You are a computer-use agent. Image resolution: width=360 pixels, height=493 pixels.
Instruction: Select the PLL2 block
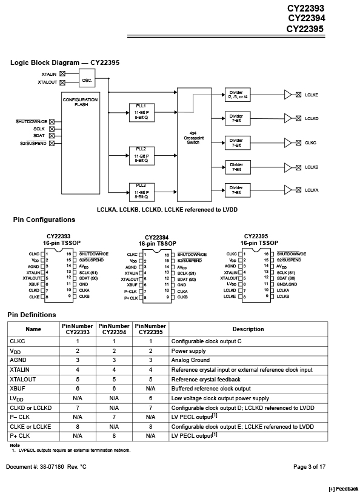(x=142, y=156)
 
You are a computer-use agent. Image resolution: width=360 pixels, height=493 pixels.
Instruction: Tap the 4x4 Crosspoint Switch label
(x=193, y=138)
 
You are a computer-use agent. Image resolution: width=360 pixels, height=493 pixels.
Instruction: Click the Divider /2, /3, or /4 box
(x=238, y=95)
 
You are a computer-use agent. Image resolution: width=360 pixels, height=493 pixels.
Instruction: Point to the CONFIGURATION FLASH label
(x=80, y=102)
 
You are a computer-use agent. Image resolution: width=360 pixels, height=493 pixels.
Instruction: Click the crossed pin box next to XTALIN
(x=62, y=74)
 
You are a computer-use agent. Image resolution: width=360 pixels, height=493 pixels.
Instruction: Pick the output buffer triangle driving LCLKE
(x=288, y=95)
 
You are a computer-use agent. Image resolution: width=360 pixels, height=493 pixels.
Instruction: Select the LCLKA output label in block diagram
(x=312, y=190)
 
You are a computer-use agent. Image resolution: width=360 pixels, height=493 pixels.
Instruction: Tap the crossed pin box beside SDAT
(x=52, y=136)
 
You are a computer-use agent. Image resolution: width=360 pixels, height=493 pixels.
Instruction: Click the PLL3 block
(x=142, y=192)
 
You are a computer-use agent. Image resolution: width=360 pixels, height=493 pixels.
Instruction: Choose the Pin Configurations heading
(x=44, y=220)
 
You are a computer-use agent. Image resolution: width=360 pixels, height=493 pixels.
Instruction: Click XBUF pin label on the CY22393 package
(x=34, y=284)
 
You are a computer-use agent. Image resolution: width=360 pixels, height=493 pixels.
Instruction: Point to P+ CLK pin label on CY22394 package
(x=131, y=298)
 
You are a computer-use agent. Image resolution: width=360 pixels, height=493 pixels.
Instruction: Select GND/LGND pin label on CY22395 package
(x=287, y=284)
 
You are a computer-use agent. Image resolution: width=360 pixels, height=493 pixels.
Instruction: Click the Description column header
(x=248, y=329)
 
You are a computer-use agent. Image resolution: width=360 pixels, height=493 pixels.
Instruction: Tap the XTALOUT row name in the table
(x=23, y=380)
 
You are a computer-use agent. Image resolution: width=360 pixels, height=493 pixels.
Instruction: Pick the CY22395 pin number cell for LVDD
(x=150, y=398)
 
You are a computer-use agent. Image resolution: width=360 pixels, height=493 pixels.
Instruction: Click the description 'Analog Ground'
(x=190, y=360)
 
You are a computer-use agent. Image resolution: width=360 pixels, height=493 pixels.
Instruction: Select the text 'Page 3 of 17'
(x=310, y=467)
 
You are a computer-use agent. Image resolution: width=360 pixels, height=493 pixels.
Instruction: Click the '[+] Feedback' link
(x=344, y=489)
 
